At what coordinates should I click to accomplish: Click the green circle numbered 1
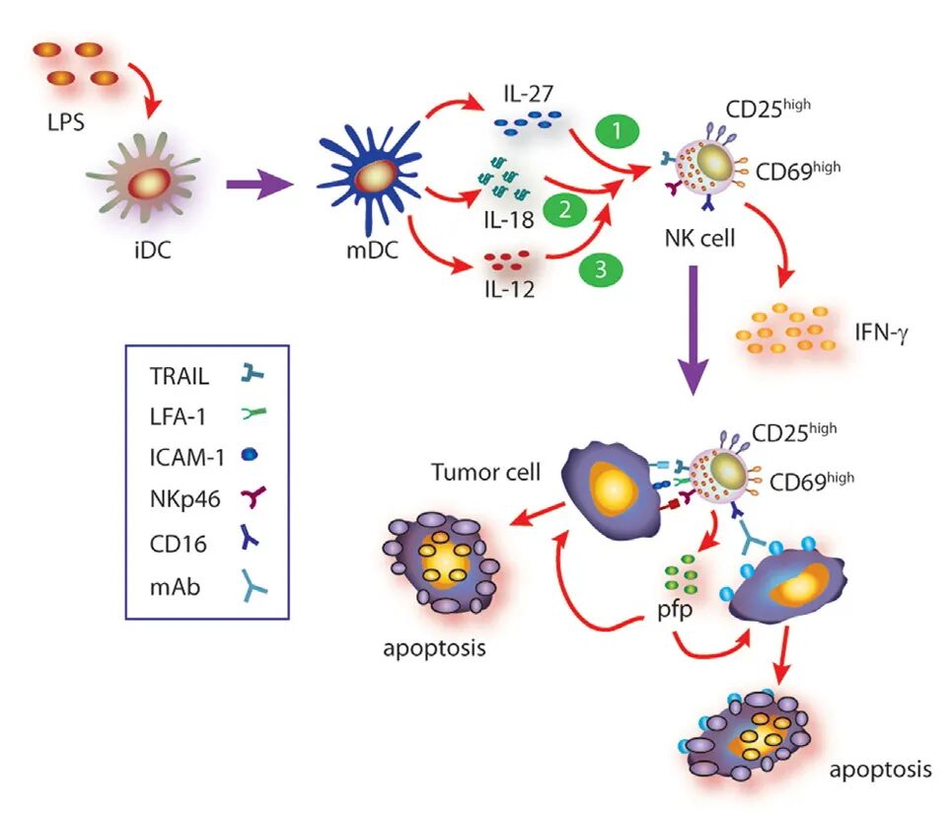click(x=619, y=132)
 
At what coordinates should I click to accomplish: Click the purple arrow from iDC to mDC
click(x=258, y=183)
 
